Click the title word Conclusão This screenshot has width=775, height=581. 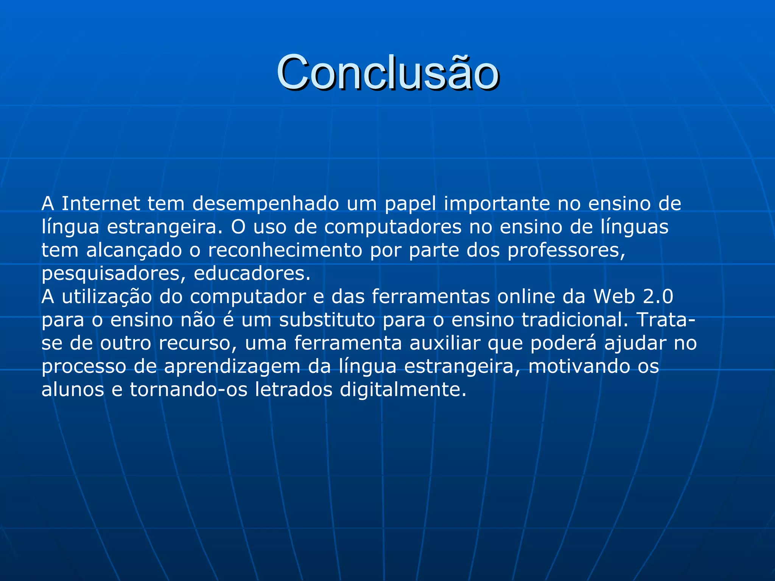pos(387,73)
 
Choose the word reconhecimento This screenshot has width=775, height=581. pos(285,250)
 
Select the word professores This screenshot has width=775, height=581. pos(566,250)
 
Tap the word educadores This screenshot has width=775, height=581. pos(252,273)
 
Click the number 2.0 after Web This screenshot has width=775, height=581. pos(658,297)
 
